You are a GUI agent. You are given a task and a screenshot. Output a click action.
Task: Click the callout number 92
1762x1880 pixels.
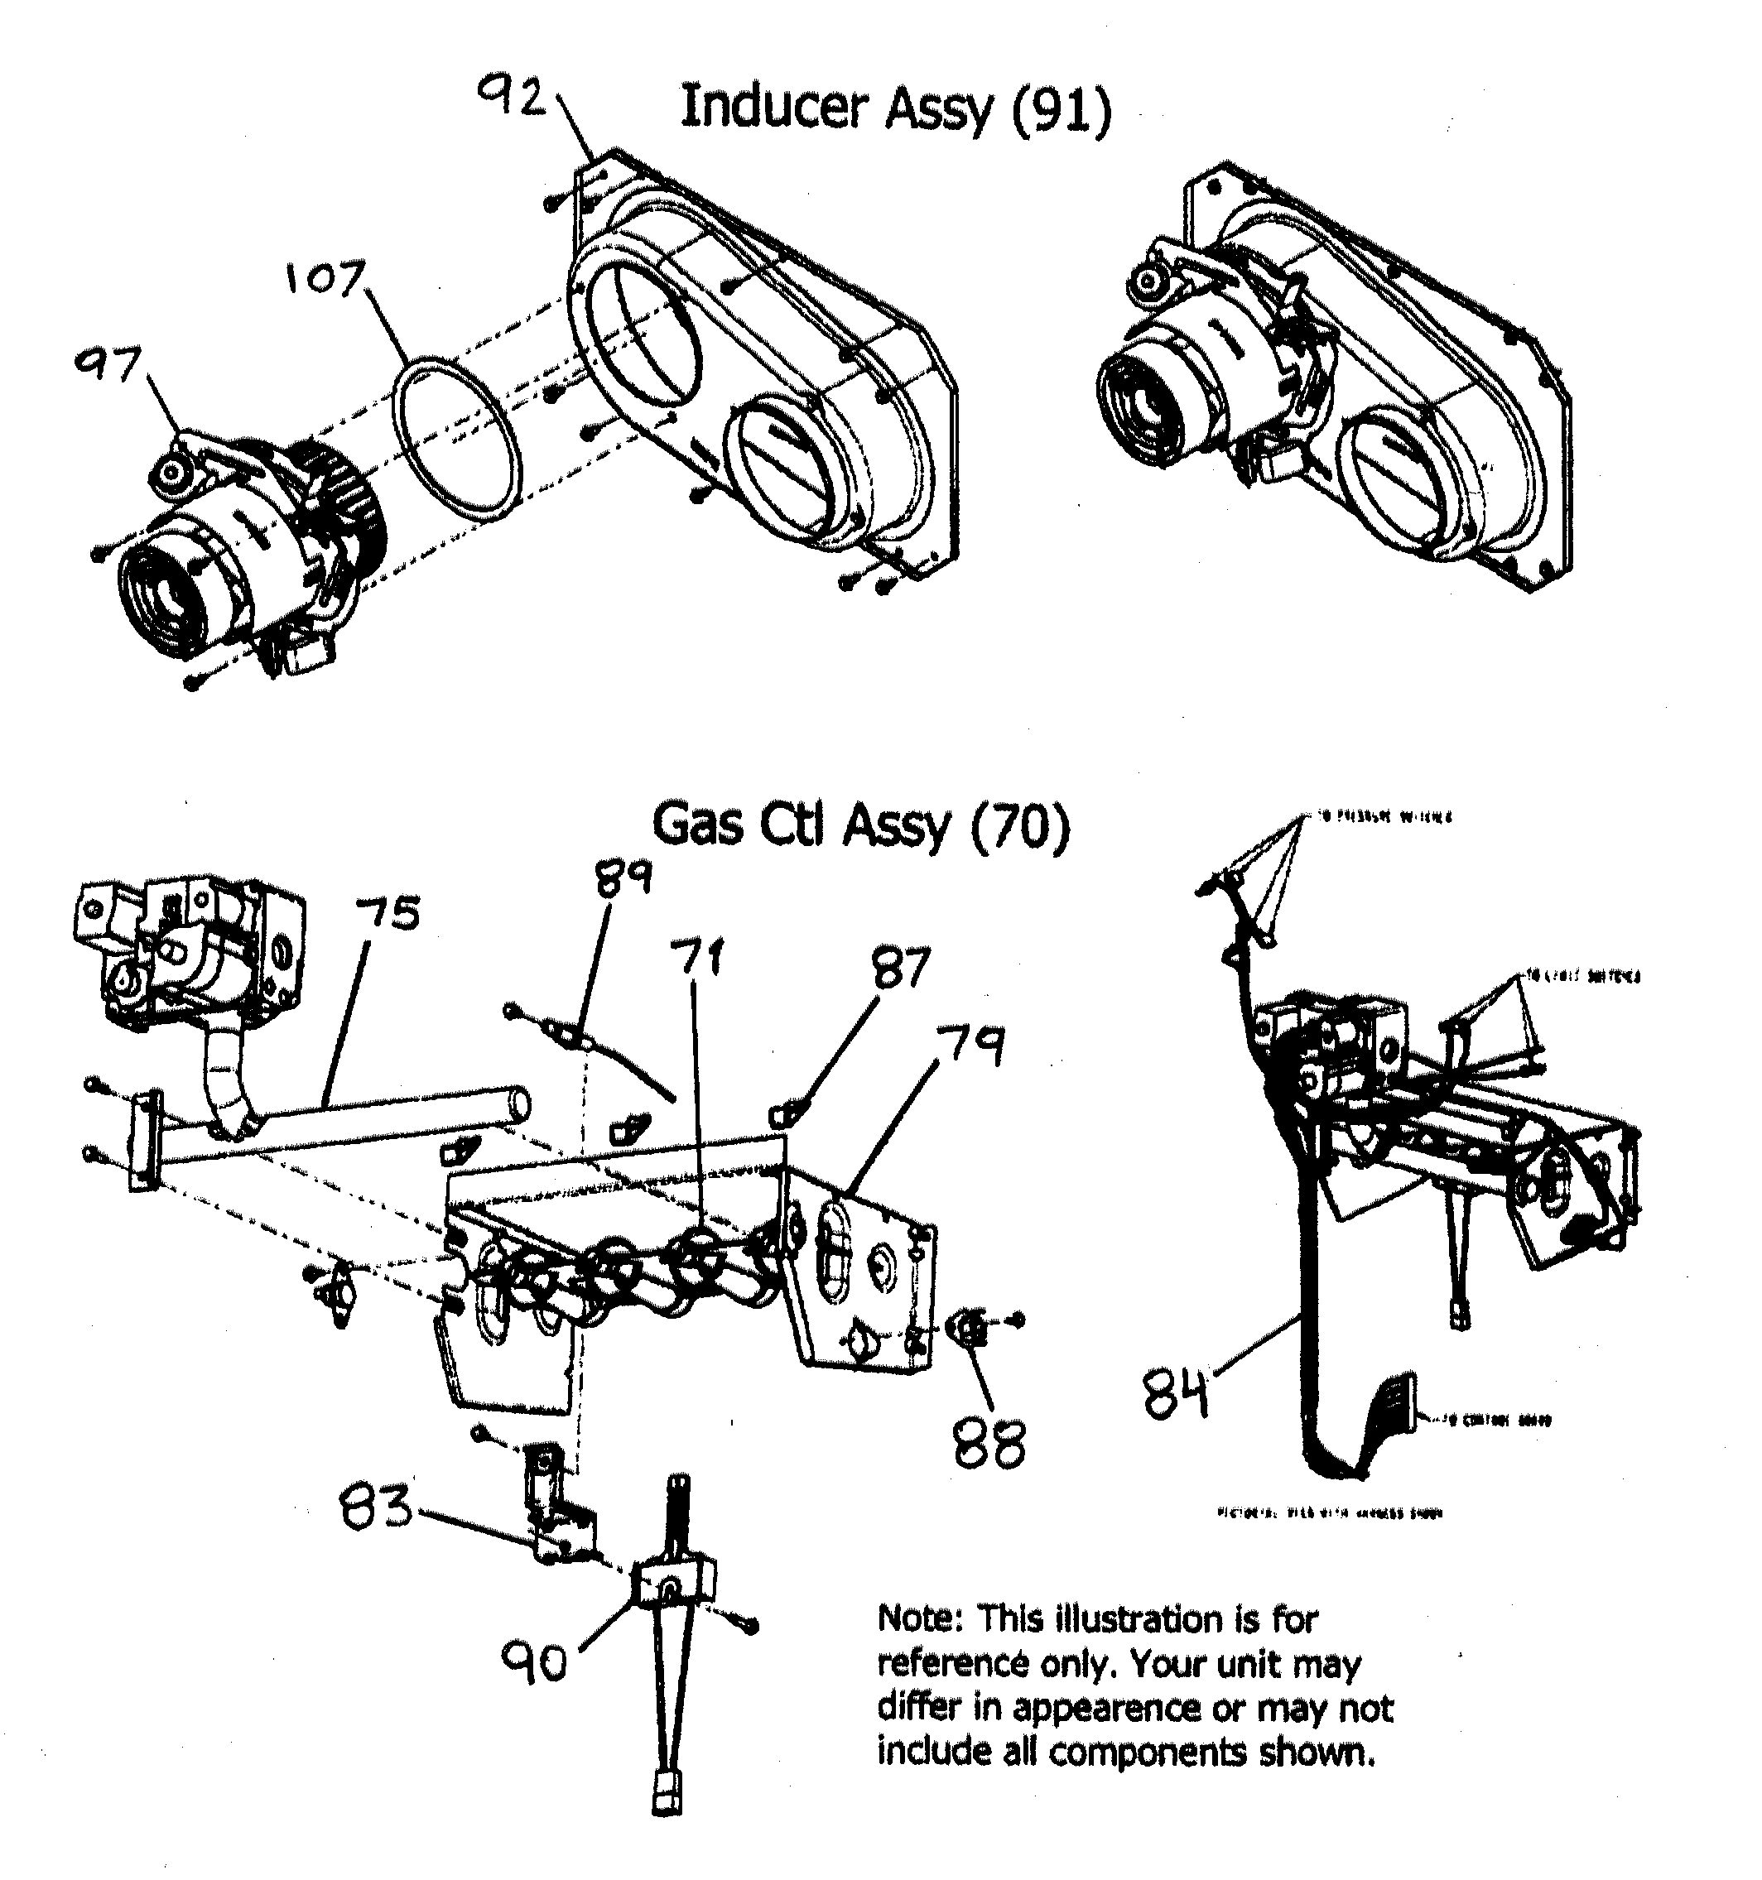tap(512, 97)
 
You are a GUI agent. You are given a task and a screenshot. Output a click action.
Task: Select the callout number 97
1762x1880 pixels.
tap(108, 365)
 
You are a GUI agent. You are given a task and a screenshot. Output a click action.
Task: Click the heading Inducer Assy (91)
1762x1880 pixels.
tap(895, 108)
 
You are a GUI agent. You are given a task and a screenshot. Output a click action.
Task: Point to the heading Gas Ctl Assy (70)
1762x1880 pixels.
tap(860, 825)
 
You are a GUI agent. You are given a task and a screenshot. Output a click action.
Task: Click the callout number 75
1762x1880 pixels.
tap(387, 914)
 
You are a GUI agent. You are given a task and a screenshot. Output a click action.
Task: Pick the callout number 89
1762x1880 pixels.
tap(623, 877)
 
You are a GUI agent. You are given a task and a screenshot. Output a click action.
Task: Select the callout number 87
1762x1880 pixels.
tap(902, 969)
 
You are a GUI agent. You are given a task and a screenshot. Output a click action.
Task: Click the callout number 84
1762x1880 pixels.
tap(1176, 1394)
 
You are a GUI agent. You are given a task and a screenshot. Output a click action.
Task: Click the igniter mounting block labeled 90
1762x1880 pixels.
tap(674, 1584)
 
